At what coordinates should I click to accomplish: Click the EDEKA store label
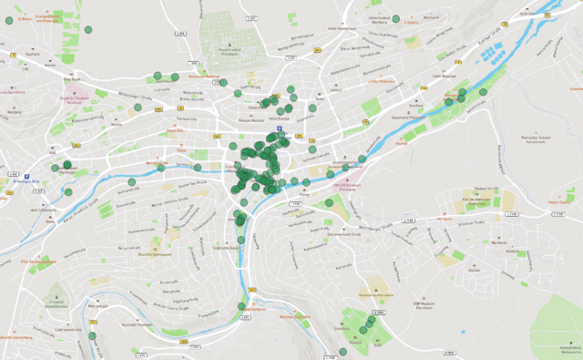474,271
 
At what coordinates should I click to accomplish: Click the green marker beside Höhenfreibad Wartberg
395,17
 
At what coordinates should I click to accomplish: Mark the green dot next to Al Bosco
87,30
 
